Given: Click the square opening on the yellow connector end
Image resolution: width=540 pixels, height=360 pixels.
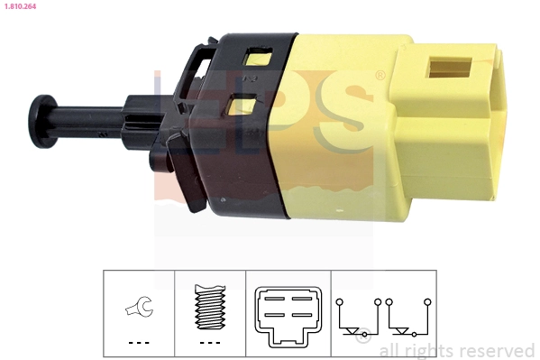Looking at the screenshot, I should click(x=450, y=69).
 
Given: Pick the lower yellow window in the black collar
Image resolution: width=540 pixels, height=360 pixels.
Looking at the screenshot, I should click(x=243, y=107).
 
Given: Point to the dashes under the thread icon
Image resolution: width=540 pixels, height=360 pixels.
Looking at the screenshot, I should click(x=209, y=343).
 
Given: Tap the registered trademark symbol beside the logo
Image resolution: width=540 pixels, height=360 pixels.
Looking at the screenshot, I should click(x=380, y=76).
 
